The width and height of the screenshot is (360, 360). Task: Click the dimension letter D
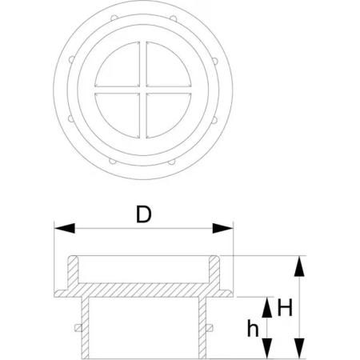(x=144, y=214)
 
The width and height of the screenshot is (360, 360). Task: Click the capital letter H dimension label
(x=285, y=308)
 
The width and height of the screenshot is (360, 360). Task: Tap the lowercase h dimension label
(x=253, y=328)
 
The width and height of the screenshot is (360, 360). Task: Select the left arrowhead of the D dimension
(x=64, y=229)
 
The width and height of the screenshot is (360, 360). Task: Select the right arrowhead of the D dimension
(x=222, y=229)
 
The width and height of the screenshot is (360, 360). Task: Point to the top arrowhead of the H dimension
(x=299, y=266)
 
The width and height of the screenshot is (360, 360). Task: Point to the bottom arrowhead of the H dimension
(x=299, y=348)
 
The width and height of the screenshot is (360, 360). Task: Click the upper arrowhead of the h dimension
(x=266, y=307)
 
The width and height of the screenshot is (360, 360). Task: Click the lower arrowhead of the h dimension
(x=266, y=348)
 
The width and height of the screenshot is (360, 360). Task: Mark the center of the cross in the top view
(x=143, y=90)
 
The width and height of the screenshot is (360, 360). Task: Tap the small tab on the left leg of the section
(x=78, y=328)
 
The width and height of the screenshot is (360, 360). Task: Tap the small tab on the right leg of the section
(x=210, y=328)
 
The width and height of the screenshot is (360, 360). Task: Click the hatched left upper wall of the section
(x=73, y=270)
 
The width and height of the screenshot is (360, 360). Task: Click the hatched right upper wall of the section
(x=214, y=270)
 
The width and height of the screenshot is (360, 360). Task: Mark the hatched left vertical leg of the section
(x=85, y=328)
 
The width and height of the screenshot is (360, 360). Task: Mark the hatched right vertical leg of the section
(x=202, y=328)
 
